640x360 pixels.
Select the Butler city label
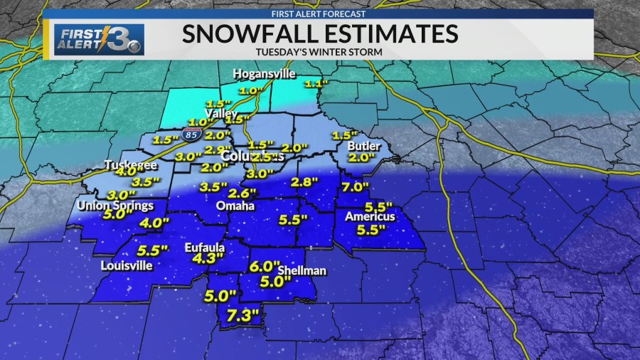coord(360,146)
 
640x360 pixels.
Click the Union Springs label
coord(117,206)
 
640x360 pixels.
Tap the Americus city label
coord(370,216)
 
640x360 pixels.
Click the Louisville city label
coord(127,265)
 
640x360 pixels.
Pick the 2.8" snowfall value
coord(304,182)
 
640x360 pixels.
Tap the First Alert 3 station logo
coord(98,39)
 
